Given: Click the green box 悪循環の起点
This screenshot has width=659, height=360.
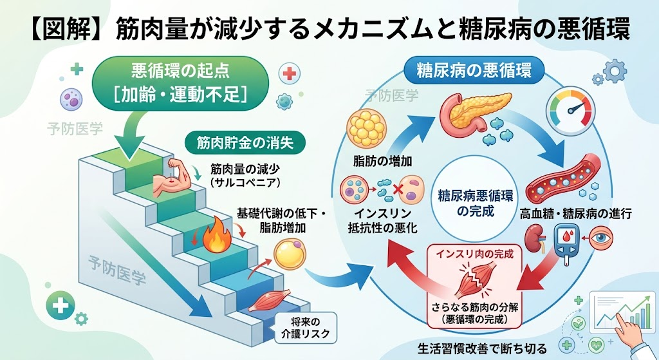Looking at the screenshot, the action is point(180,83).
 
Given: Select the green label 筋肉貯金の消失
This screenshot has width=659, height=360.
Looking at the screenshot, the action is point(245,144).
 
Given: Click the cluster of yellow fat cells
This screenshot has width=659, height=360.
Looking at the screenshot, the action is point(366,128).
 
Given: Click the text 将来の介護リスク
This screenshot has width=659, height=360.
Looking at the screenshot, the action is point(305,328).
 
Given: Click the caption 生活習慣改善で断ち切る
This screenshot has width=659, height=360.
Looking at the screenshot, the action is point(482,348).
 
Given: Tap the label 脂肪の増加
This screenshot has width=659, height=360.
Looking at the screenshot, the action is point(382,161).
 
